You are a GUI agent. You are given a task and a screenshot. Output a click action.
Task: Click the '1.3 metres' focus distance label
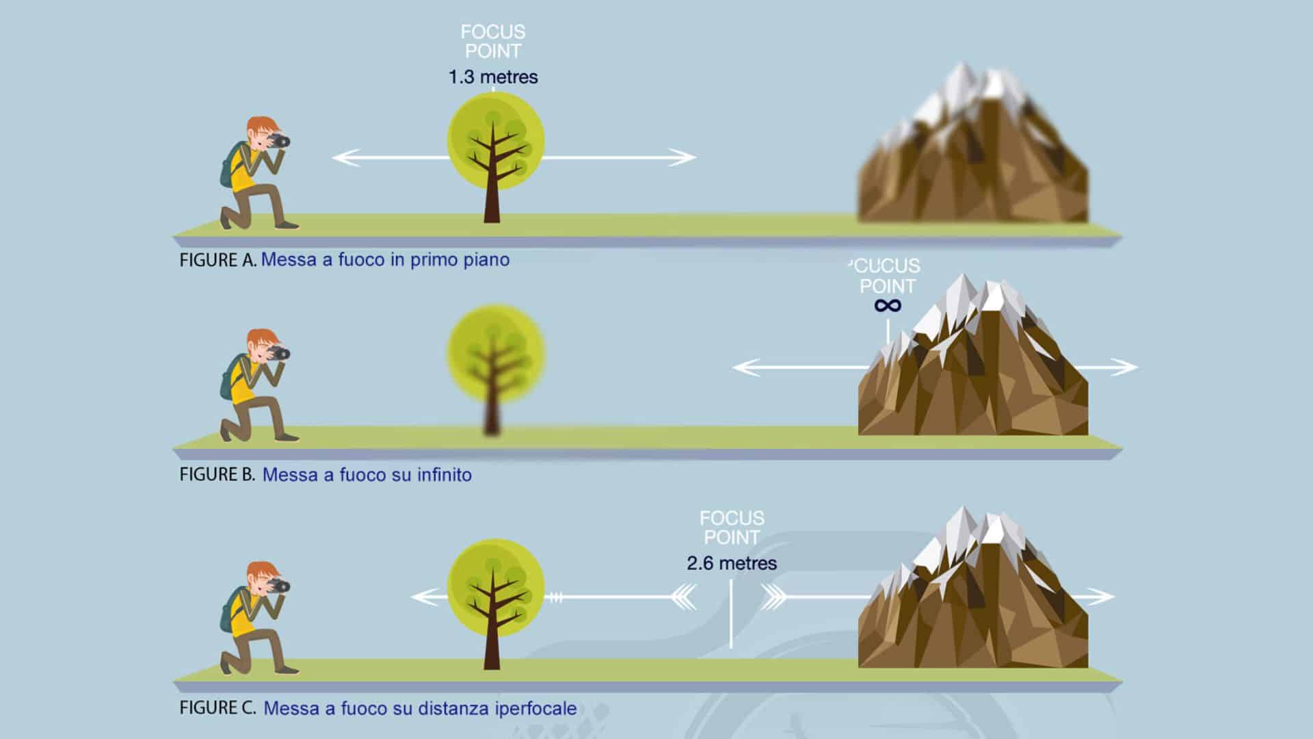pyautogui.click(x=493, y=77)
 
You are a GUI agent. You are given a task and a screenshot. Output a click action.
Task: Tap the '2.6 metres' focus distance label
pyautogui.click(x=732, y=563)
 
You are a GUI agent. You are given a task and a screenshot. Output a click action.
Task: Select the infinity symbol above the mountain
pyautogui.click(x=888, y=305)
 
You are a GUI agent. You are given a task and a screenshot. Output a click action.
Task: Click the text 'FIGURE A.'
pyautogui.click(x=217, y=260)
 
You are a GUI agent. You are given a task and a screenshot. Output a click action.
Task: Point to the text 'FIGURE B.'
pyautogui.click(x=217, y=474)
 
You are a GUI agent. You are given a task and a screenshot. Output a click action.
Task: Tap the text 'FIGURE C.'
pyautogui.click(x=217, y=708)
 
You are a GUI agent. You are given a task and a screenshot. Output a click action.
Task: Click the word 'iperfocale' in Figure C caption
pyautogui.click(x=535, y=708)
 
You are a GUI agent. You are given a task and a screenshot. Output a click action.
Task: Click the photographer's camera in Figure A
pyautogui.click(x=280, y=141)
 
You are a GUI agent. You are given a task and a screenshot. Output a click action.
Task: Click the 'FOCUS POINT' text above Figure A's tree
pyautogui.click(x=493, y=41)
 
